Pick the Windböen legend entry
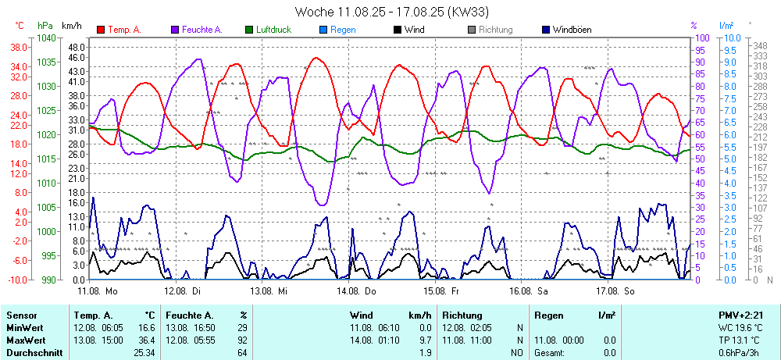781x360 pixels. pyautogui.click(x=572, y=30)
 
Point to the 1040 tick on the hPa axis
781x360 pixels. pyautogui.click(x=46, y=37)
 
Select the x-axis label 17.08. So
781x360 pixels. pyautogui.click(x=615, y=290)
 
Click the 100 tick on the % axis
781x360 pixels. pyautogui.click(x=702, y=37)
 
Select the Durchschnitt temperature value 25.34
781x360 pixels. pyautogui.click(x=144, y=353)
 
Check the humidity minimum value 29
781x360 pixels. pyautogui.click(x=242, y=327)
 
